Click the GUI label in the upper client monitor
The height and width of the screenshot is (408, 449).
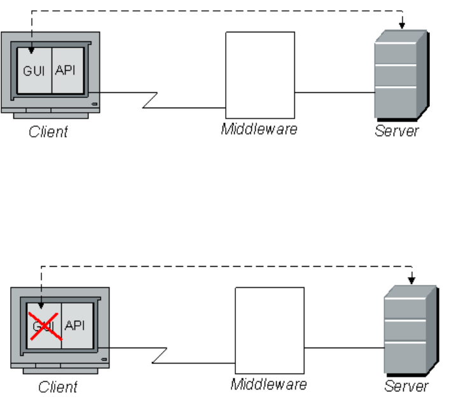(34, 70)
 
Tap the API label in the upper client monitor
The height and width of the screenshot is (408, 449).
(65, 70)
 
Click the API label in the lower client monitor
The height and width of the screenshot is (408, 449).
(75, 325)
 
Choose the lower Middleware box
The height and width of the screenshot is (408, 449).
(270, 331)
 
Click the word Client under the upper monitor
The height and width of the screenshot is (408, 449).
(48, 132)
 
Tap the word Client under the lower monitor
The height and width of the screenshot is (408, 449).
(58, 387)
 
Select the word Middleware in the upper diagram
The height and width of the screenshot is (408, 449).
(259, 129)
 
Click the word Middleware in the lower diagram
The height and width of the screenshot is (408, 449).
(268, 384)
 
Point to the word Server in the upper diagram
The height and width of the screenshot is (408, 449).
(397, 131)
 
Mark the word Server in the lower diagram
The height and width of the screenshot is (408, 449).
(406, 386)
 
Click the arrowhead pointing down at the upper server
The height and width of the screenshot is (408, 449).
(403, 25)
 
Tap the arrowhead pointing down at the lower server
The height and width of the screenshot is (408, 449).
(412, 279)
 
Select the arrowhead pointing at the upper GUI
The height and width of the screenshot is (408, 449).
(31, 46)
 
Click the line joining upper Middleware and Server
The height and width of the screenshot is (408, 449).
(335, 93)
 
